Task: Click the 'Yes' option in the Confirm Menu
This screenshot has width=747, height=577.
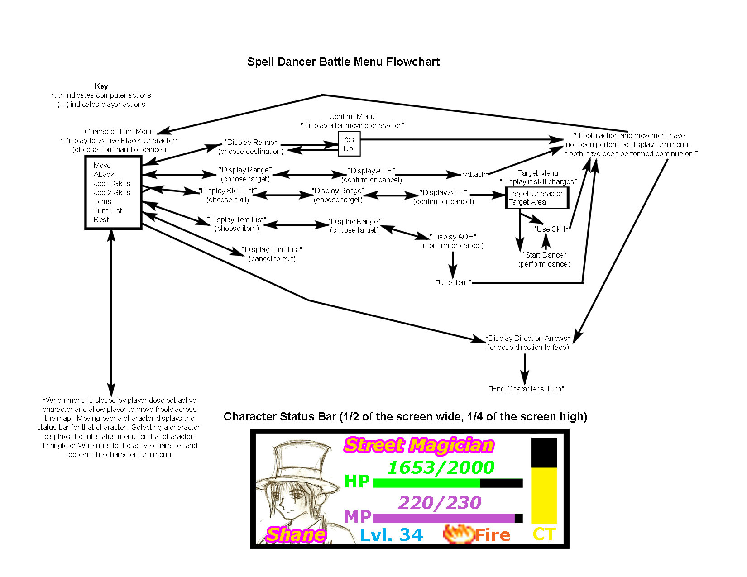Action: (348, 139)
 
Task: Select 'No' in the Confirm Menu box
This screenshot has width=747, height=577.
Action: (348, 148)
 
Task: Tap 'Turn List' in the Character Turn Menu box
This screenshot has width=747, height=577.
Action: (108, 210)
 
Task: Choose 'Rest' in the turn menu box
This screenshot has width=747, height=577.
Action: (101, 219)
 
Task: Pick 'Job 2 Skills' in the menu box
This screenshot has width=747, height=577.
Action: (112, 192)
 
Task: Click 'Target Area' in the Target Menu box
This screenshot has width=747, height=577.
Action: (527, 202)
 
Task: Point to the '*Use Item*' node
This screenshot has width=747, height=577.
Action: (453, 282)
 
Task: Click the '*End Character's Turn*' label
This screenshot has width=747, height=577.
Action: (527, 389)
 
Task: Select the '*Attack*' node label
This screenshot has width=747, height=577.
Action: (475, 174)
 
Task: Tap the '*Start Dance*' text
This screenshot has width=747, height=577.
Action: (544, 255)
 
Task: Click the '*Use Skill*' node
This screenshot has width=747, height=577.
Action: (551, 229)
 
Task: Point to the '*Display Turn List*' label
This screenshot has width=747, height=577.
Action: (272, 249)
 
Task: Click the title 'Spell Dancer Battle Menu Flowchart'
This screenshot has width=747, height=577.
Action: (343, 62)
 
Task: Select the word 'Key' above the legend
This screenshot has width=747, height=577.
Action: (101, 86)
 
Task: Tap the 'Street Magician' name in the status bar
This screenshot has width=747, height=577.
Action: (419, 445)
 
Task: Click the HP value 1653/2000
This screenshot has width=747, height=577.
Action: (441, 467)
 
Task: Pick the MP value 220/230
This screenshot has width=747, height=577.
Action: (440, 503)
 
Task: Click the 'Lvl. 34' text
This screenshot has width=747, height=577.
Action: (391, 535)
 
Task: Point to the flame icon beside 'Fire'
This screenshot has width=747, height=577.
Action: (457, 534)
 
